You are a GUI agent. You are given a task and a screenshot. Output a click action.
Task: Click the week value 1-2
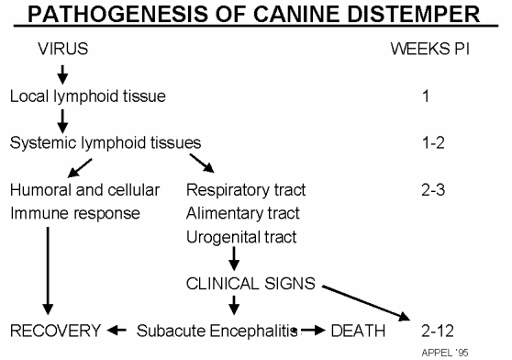click(x=427, y=141)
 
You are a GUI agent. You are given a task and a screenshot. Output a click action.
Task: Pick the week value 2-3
click(x=427, y=191)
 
